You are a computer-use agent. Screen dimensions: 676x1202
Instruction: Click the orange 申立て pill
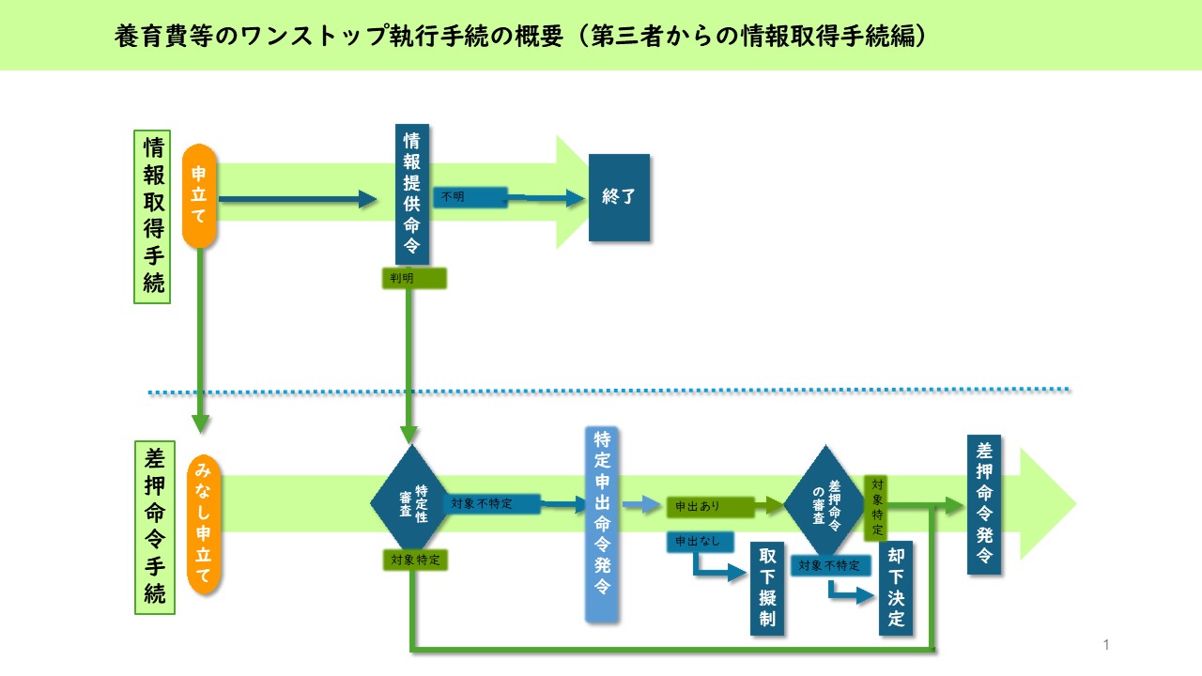click(x=200, y=195)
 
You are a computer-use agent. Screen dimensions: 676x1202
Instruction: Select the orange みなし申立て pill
click(x=204, y=525)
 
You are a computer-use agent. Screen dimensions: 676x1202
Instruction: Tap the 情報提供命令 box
click(x=412, y=195)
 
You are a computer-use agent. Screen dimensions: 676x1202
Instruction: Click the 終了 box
click(x=619, y=198)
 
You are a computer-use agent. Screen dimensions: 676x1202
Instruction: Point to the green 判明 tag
click(x=413, y=278)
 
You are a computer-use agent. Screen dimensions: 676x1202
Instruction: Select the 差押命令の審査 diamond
click(x=824, y=500)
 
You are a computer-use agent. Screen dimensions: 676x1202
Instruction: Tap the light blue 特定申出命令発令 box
click(x=602, y=525)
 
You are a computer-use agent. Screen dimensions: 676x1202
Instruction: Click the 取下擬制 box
click(x=767, y=589)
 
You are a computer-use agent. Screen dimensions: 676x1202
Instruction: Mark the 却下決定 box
click(x=896, y=589)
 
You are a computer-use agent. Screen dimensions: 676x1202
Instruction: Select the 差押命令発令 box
click(x=983, y=504)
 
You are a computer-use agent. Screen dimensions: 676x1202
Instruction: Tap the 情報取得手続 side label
click(x=154, y=217)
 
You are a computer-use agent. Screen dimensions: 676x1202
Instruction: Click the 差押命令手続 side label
click(x=155, y=527)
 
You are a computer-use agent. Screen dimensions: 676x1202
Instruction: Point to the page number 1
click(x=1106, y=644)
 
